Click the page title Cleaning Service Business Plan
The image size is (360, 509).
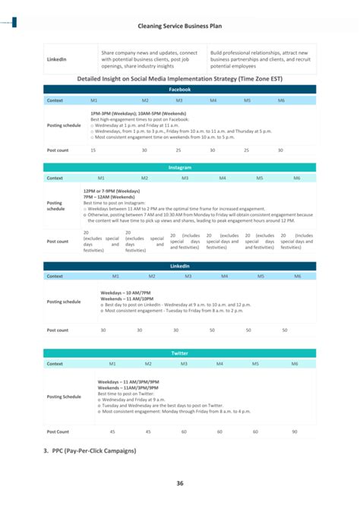point(179,25)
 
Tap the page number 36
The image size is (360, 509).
point(179,483)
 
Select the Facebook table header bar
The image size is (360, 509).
point(179,90)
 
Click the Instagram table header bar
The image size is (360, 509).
point(179,167)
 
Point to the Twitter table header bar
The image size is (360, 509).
point(179,353)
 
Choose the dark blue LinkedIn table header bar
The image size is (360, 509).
point(179,266)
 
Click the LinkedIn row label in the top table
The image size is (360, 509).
point(57,58)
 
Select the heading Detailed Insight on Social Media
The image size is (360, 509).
point(179,78)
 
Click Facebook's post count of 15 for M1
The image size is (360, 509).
point(93,150)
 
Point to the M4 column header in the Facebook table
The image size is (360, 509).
point(213,100)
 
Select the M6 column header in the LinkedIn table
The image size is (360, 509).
point(286,277)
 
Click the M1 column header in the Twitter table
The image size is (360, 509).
point(112,364)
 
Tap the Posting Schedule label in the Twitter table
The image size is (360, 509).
point(64,397)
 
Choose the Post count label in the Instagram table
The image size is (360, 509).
point(58,242)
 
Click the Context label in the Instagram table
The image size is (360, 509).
point(55,178)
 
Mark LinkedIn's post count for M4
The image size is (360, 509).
point(212,330)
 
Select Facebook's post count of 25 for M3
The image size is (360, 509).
point(178,150)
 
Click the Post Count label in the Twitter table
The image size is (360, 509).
point(58,432)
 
